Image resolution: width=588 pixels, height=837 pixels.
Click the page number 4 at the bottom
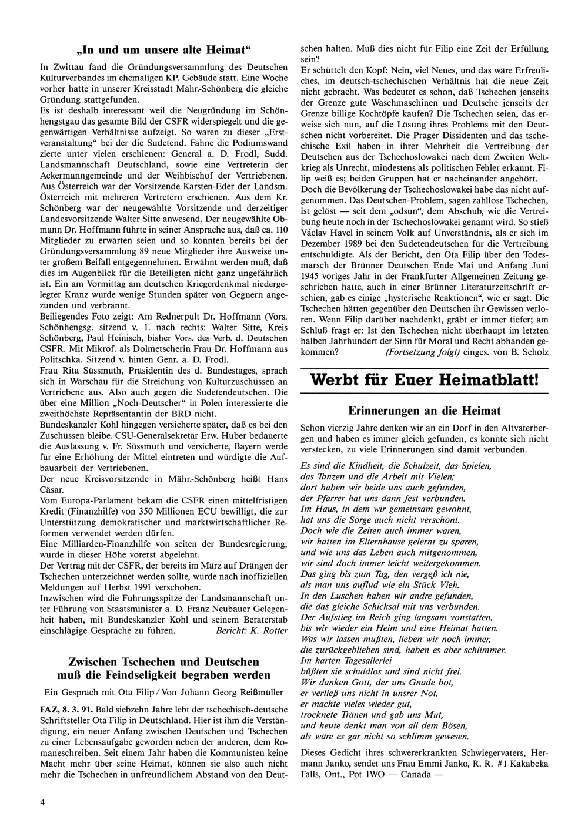pyautogui.click(x=42, y=802)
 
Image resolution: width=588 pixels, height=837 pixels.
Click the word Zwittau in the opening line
pyautogui.click(x=64, y=67)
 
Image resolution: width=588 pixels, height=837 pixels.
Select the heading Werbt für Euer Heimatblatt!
pyautogui.click(x=424, y=379)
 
